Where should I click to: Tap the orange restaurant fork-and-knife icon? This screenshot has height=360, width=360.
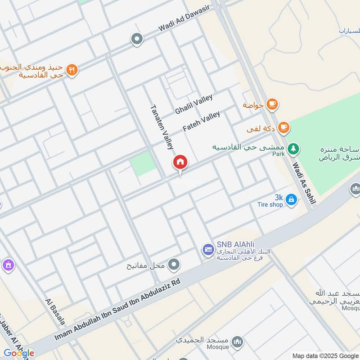point(72,70)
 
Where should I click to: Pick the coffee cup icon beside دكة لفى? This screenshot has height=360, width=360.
point(283,128)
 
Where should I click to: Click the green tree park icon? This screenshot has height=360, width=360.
point(293,148)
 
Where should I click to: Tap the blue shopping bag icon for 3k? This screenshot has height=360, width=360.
point(291,199)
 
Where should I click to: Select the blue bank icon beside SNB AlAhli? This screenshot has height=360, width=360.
point(208,249)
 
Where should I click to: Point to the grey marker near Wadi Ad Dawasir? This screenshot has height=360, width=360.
point(136,39)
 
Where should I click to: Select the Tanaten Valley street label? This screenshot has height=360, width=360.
point(162,127)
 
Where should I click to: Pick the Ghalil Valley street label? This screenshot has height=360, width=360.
point(193,104)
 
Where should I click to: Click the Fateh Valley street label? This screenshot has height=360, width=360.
point(201,121)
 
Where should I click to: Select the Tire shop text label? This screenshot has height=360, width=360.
point(270,205)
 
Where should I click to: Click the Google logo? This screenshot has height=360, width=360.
point(18,353)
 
